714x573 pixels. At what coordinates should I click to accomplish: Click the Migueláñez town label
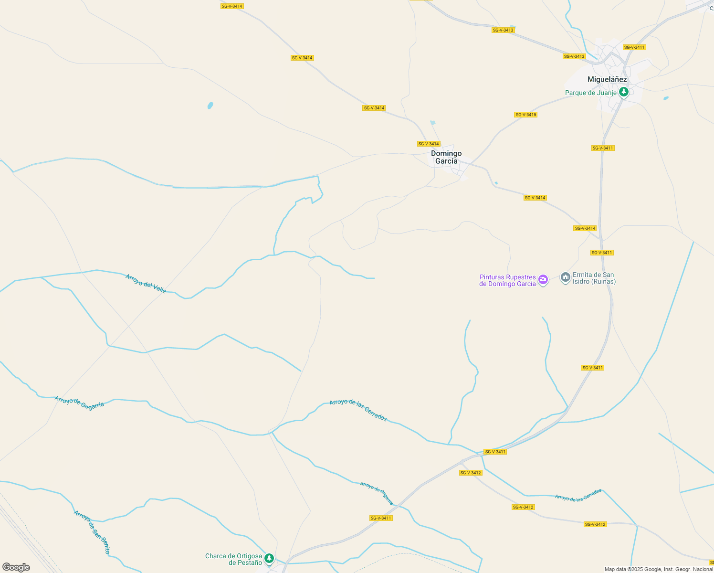[607, 79]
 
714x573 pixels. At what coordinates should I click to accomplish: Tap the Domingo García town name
[446, 157]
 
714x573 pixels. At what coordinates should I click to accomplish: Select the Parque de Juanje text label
[591, 93]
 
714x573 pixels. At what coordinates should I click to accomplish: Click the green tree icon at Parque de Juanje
[623, 92]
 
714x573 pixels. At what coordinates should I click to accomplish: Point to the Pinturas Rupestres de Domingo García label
[507, 280]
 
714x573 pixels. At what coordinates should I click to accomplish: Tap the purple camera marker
[543, 279]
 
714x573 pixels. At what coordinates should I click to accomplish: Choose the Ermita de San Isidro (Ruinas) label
[594, 278]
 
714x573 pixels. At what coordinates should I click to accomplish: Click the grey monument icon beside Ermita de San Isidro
[565, 277]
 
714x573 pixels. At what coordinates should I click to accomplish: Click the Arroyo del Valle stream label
[146, 284]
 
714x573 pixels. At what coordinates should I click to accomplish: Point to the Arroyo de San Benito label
[92, 532]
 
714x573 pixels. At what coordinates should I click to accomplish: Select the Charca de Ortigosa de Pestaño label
[233, 559]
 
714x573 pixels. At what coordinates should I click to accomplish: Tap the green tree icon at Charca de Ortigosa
[269, 558]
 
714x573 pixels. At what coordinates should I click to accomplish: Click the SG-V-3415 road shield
[525, 115]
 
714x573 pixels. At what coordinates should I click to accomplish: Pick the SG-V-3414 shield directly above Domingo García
[428, 144]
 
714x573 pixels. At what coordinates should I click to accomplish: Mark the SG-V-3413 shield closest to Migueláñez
[574, 56]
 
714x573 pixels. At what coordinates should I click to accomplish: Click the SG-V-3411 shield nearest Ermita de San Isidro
[601, 253]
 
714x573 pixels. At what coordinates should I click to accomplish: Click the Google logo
[16, 567]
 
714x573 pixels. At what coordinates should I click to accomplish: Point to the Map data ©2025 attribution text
[659, 569]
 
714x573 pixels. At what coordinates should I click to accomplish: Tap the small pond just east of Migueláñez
[666, 98]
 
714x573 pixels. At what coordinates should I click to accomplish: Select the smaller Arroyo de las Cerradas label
[578, 495]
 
